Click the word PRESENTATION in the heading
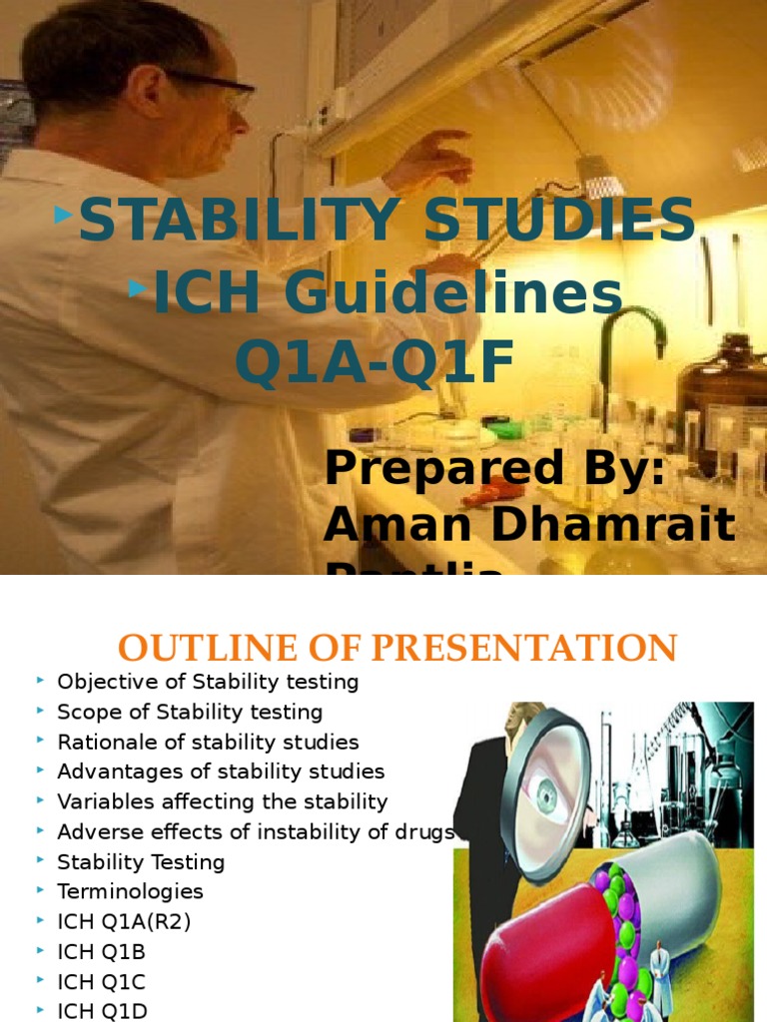pyautogui.click(x=524, y=648)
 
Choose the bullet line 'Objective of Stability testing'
pyautogui.click(x=208, y=683)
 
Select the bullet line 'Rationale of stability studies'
pyautogui.click(x=208, y=743)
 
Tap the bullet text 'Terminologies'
pyautogui.click(x=130, y=891)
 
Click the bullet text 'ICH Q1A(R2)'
pyautogui.click(x=124, y=921)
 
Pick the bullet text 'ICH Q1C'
pyautogui.click(x=102, y=981)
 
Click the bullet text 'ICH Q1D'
pyautogui.click(x=102, y=1011)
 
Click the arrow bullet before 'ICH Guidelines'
pyautogui.click(x=138, y=288)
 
